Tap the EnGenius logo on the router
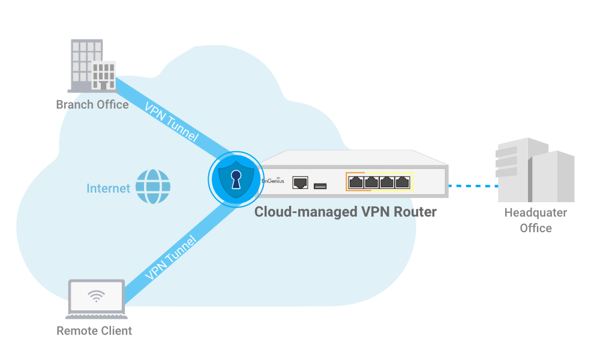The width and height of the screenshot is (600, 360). click(x=272, y=181)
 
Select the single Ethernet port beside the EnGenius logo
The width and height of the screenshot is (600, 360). click(x=300, y=182)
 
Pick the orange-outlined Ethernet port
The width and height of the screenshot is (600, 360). click(x=356, y=181)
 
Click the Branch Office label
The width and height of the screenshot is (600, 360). click(x=92, y=104)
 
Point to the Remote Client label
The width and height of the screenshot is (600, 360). click(x=94, y=331)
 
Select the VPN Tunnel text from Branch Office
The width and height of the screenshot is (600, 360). click(x=171, y=121)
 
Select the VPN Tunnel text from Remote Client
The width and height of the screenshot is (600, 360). click(x=171, y=259)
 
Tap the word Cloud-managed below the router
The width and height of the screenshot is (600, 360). click(x=298, y=212)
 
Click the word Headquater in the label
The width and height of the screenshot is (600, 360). click(x=535, y=212)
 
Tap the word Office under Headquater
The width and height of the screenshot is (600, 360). click(x=535, y=228)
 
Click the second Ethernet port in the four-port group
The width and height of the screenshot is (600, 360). click(x=371, y=181)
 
